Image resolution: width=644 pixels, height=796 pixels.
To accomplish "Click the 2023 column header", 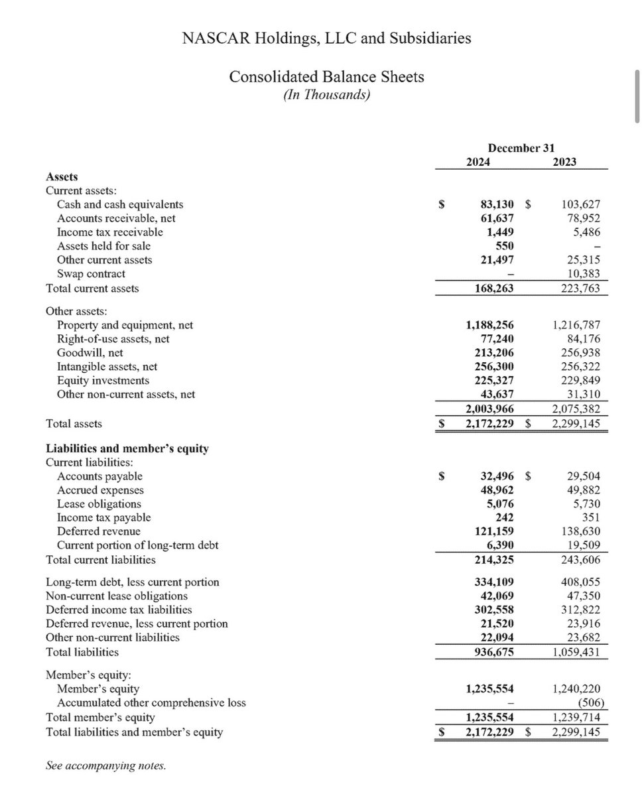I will pyautogui.click(x=564, y=162).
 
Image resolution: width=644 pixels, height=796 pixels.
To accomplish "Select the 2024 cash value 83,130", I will pyautogui.click(x=497, y=205).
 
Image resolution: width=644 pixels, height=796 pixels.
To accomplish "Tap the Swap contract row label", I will pyautogui.click(x=91, y=273).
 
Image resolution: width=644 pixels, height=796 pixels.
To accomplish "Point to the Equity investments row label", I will pyautogui.click(x=103, y=381).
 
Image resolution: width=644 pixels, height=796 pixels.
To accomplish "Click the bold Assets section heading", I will pyautogui.click(x=62, y=176).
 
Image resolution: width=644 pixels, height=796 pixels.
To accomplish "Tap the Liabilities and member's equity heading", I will pyautogui.click(x=127, y=448).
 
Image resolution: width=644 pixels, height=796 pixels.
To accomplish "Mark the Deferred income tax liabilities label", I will pyautogui.click(x=119, y=609).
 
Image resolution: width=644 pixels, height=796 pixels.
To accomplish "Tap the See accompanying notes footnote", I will pyautogui.click(x=105, y=765).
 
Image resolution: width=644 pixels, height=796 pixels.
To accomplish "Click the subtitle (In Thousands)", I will pyautogui.click(x=326, y=95).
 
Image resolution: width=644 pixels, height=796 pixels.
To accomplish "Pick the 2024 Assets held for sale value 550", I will pyautogui.click(x=504, y=246).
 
